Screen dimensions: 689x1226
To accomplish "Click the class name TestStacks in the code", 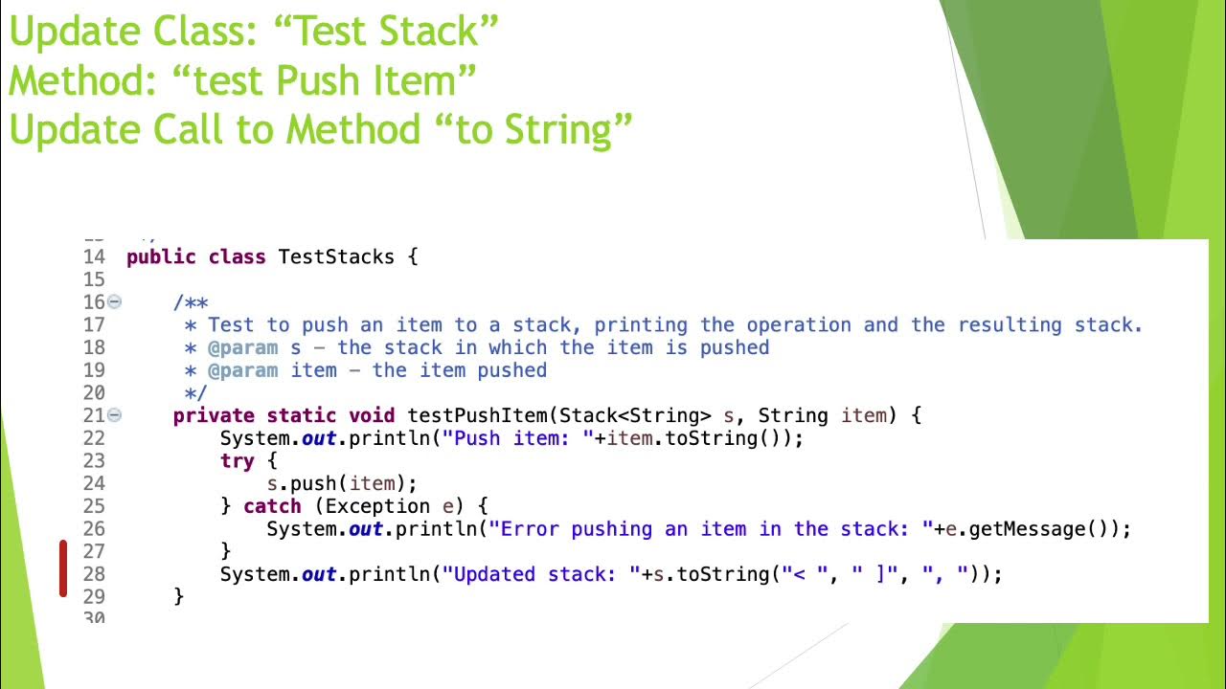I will coord(335,256).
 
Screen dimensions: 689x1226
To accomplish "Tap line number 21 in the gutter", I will coord(94,415).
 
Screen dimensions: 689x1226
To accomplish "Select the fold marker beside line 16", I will coord(115,301).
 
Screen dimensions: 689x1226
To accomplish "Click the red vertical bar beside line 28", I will coord(63,568).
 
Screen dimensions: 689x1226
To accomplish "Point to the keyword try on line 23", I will coord(237,460).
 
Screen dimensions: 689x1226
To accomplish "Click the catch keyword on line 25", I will coord(272,506).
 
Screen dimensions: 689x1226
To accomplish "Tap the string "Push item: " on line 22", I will coord(518,438).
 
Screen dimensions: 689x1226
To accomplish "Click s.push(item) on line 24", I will coord(342,483).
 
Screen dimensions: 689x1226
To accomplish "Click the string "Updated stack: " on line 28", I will coord(541,574).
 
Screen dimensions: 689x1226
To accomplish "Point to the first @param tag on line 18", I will coord(242,347).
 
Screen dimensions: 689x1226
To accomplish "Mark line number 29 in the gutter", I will coord(94,596).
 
